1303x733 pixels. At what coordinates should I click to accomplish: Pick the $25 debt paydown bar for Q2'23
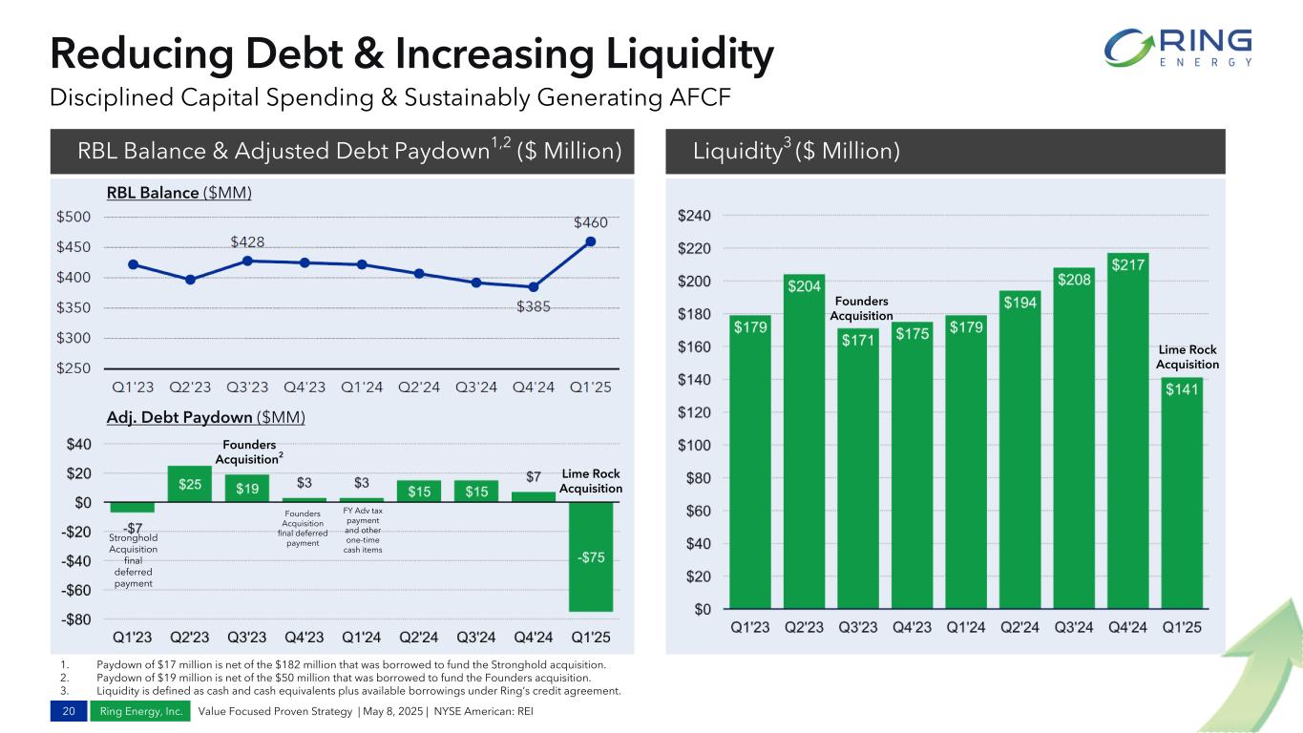[190, 484]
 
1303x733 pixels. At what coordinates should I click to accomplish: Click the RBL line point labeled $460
[591, 241]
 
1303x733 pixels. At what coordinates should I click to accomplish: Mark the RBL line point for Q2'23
[190, 280]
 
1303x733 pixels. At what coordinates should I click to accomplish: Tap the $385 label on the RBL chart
[534, 307]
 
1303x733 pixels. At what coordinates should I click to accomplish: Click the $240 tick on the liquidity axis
[694, 217]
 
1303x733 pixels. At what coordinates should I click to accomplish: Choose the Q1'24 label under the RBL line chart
[362, 387]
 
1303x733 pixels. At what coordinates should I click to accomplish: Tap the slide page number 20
[68, 711]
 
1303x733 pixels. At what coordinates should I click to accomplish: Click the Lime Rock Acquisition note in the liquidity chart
[1187, 357]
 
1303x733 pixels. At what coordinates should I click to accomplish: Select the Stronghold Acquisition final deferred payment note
[133, 560]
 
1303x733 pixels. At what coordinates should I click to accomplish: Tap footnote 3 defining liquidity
[359, 690]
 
